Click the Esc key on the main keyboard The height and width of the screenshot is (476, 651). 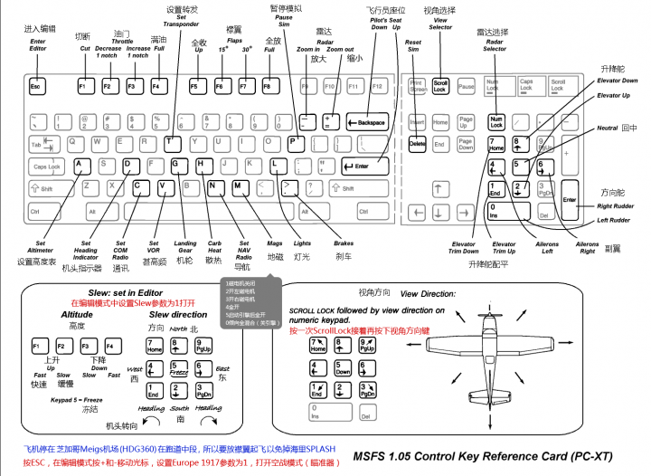pos(37,87)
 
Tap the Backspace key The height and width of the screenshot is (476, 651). pos(367,122)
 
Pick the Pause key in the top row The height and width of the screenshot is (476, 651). pos(466,87)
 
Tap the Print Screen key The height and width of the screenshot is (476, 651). pos(417,87)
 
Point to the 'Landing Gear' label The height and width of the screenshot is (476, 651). pos(185,247)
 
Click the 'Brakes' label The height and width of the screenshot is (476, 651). pos(344,243)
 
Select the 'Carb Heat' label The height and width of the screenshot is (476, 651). pos(213,247)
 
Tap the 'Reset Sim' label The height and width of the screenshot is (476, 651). pos(413,46)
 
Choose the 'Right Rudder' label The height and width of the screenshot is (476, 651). pos(616,206)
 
